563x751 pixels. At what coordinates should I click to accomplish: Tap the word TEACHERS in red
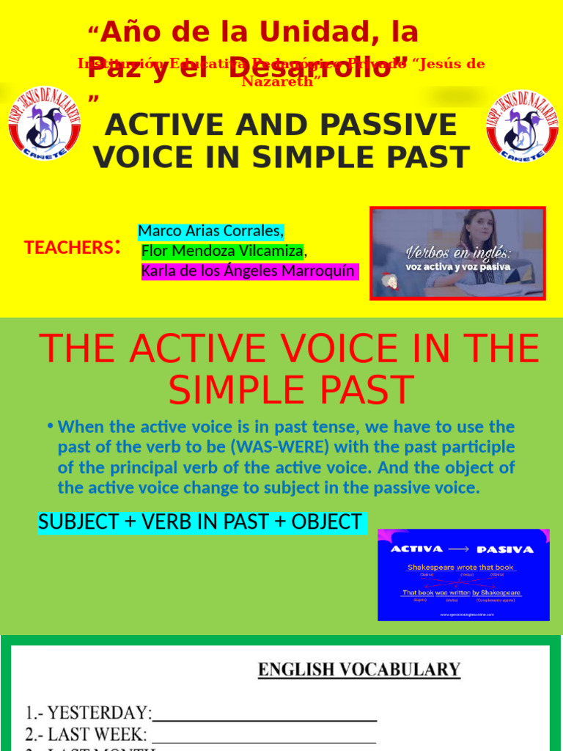tap(67, 248)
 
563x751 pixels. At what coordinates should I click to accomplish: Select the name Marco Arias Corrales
tap(210, 231)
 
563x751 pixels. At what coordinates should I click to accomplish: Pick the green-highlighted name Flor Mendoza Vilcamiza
tap(222, 252)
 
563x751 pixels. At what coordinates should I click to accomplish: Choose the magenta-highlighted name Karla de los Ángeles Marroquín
tap(249, 271)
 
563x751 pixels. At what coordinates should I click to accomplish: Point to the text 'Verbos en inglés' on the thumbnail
tap(457, 254)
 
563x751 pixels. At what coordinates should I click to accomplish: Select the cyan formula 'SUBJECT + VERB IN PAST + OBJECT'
tap(200, 522)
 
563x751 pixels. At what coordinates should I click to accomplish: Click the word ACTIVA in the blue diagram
tap(416, 549)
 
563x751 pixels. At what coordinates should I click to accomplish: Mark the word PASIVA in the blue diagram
tap(505, 549)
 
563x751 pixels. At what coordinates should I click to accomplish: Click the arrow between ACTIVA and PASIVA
tap(460, 549)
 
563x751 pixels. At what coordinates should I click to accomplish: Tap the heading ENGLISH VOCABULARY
tap(359, 670)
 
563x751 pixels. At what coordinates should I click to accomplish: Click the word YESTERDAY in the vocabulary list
tap(99, 713)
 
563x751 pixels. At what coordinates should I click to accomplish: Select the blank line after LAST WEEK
tap(264, 735)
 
